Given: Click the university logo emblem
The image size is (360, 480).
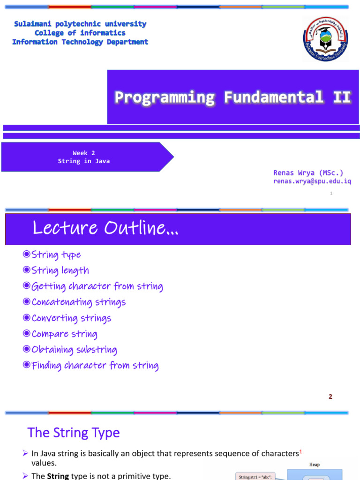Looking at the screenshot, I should click(325, 39).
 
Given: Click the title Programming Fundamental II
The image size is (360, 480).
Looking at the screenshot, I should click(233, 97).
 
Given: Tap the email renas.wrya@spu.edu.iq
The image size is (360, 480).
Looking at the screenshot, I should click(312, 181).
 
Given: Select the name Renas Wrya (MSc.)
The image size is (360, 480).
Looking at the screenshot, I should click(308, 173).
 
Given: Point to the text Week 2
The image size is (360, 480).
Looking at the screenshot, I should click(84, 153).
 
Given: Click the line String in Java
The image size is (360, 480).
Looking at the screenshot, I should click(84, 161).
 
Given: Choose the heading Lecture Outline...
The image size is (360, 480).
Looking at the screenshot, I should click(105, 228).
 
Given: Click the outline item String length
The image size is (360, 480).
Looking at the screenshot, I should click(60, 270).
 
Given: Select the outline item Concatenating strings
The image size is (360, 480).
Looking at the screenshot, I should click(78, 302).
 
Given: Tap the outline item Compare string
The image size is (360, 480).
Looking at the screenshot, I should click(64, 334).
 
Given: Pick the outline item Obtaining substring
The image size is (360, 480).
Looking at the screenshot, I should click(74, 350).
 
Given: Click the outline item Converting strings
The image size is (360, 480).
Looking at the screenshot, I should click(71, 318).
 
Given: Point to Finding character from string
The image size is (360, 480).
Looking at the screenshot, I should click(95, 366).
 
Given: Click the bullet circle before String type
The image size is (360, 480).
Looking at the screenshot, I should click(27, 255).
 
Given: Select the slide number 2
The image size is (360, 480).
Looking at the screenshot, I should click(330, 397).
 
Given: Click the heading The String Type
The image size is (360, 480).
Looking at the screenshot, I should click(74, 433).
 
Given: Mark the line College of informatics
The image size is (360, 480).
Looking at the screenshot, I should click(80, 33).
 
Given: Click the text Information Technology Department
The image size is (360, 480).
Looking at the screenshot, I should click(80, 42).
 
